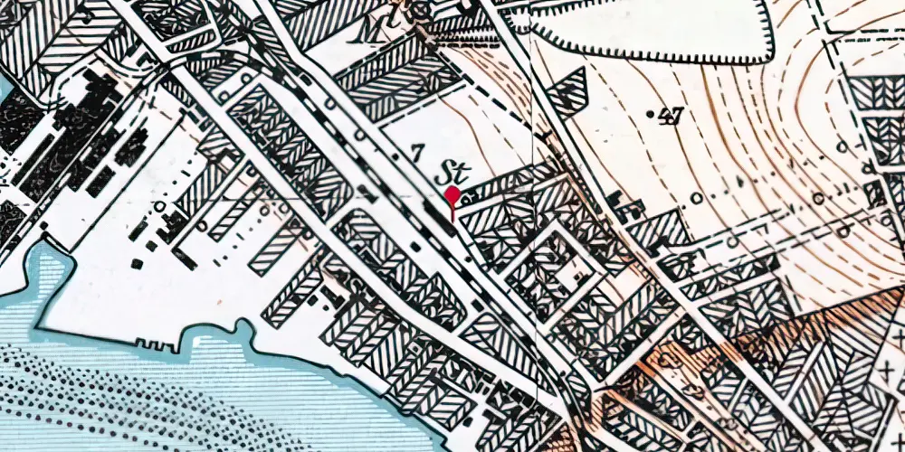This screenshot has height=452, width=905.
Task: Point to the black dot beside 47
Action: (x=653, y=114)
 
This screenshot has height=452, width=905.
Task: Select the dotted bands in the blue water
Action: (x=136, y=398)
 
